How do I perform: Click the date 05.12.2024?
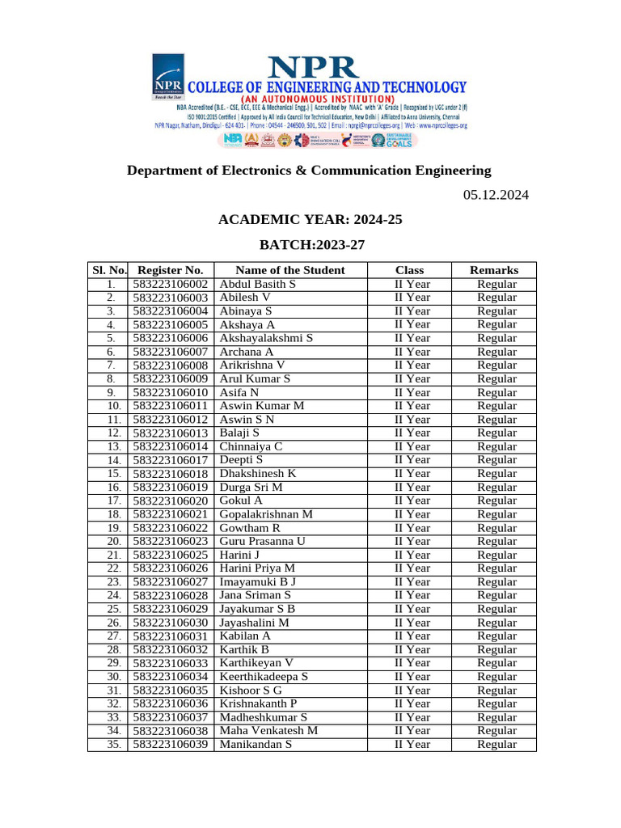coord(496,195)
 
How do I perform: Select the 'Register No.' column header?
coord(171,270)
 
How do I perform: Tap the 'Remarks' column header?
coord(494,270)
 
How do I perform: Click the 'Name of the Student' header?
coord(289,270)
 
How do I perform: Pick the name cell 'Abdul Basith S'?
coord(258,284)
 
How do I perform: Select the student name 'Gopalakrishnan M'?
coord(266,514)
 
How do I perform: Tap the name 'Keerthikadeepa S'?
coord(264,677)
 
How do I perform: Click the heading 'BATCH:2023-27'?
coord(309,244)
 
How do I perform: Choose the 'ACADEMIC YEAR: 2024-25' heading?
coord(309,219)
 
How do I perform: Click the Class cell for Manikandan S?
coord(412,745)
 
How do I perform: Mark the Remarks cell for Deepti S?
coord(496,460)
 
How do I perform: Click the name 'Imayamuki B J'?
coord(258,582)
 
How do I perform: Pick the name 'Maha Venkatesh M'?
coord(268,731)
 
